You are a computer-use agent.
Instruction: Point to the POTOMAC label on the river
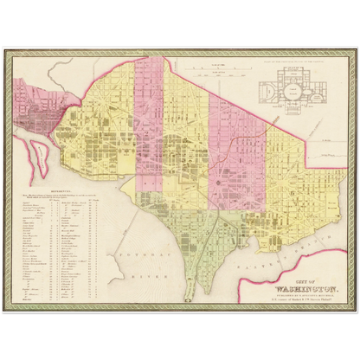[141, 234]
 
